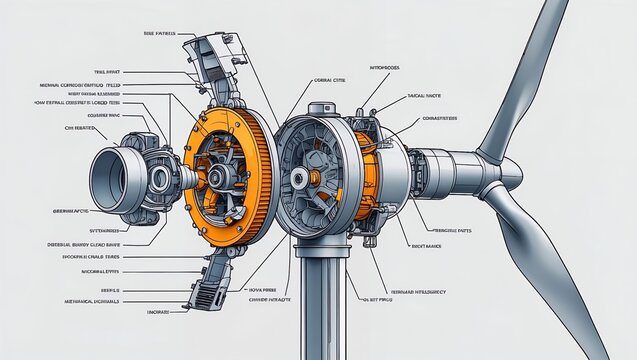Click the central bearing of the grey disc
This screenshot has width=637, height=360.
click(299, 177)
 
